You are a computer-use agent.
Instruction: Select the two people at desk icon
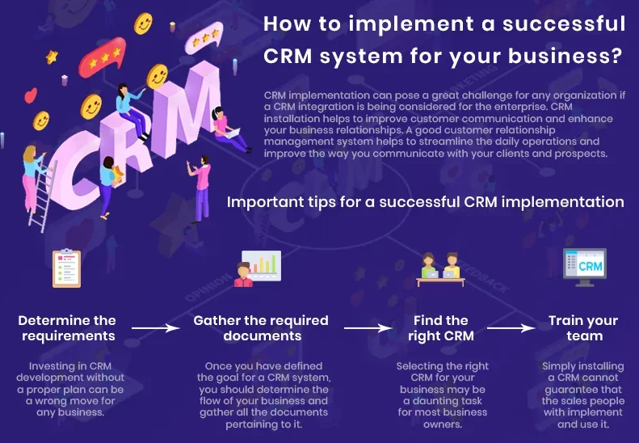(x=440, y=269)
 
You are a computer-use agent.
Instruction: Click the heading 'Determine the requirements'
(x=67, y=328)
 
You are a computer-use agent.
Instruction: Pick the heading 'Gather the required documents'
(x=261, y=328)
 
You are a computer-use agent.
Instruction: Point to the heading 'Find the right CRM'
(x=441, y=328)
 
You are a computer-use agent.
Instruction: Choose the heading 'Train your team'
(x=584, y=328)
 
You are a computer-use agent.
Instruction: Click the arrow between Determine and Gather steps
(x=154, y=328)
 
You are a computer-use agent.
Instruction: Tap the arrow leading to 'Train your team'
(x=512, y=328)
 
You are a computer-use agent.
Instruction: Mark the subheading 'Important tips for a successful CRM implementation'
(x=425, y=201)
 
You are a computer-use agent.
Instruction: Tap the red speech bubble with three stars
(x=107, y=56)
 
